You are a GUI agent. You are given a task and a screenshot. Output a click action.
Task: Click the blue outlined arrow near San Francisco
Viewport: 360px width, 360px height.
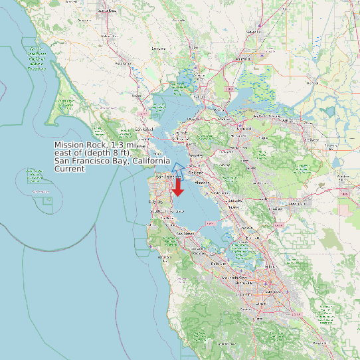point(178,168)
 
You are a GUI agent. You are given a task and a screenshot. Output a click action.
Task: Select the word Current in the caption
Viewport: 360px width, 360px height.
point(69,169)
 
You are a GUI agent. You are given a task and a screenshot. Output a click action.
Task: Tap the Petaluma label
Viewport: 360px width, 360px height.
point(121,64)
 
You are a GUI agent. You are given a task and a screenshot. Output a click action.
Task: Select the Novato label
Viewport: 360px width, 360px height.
point(137,96)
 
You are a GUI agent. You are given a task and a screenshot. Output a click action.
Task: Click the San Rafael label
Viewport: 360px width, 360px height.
point(143,128)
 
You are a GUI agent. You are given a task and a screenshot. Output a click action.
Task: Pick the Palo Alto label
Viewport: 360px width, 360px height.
point(219,264)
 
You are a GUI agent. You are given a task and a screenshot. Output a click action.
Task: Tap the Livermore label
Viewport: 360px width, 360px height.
point(296,205)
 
